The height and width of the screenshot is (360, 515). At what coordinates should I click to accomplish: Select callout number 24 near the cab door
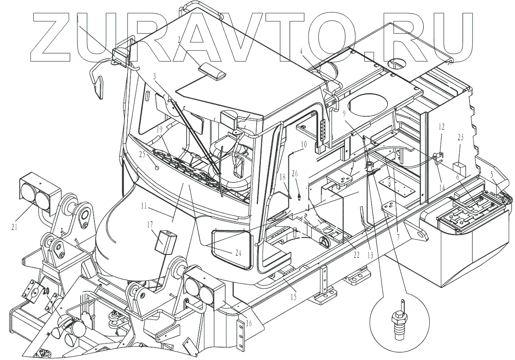(x=238, y=253)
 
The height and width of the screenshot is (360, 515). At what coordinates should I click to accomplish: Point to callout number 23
(x=460, y=138)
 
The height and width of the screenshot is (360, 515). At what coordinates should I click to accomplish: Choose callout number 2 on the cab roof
(x=179, y=39)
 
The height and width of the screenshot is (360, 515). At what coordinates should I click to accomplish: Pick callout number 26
(x=294, y=173)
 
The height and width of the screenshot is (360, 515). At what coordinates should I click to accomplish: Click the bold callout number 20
(x=46, y=291)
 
